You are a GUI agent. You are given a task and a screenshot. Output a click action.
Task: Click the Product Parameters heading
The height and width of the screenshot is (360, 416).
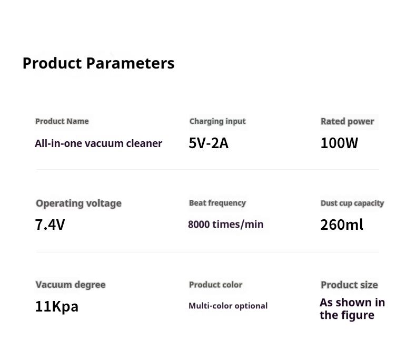pos(98,63)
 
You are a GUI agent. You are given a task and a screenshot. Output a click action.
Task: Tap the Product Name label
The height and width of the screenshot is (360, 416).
pos(62,121)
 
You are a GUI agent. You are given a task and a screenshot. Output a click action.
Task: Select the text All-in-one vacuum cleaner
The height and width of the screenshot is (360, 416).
pos(98,143)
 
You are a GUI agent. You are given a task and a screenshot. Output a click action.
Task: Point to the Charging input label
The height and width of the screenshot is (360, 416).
pos(217,121)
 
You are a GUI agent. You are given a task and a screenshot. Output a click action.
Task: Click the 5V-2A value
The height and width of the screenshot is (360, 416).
pos(209,143)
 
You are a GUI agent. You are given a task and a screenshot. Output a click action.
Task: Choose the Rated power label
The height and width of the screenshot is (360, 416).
pos(348,121)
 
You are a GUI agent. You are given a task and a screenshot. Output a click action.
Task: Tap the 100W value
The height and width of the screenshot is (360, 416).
pos(339,143)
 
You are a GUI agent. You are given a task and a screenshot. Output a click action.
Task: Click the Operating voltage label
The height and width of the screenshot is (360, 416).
pos(79,203)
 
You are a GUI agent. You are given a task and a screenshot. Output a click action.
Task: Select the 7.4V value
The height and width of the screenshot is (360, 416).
pos(50,225)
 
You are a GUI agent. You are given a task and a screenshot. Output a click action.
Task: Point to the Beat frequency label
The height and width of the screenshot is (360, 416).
pos(217,203)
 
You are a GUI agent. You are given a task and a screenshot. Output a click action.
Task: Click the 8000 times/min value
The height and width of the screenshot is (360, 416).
pos(226,225)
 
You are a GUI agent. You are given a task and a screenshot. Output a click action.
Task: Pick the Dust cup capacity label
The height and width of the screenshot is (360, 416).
pos(352,203)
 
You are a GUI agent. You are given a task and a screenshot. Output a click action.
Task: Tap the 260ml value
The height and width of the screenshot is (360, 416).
pos(342,225)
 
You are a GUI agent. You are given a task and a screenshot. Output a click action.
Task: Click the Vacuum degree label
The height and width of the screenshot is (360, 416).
pos(71,285)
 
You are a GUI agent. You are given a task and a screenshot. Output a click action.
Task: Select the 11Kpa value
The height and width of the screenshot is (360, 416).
pos(57,306)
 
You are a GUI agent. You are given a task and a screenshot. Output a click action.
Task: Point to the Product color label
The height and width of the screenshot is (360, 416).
pos(216,285)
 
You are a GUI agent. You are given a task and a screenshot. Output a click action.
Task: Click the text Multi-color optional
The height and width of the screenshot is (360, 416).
pos(228,306)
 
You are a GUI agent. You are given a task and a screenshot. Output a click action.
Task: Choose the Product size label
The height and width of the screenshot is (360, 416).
pos(350,285)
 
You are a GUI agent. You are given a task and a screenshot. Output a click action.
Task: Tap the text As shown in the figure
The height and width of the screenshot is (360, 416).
pos(352,309)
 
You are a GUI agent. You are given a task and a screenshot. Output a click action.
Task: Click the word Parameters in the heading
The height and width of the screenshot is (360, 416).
pos(130,63)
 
